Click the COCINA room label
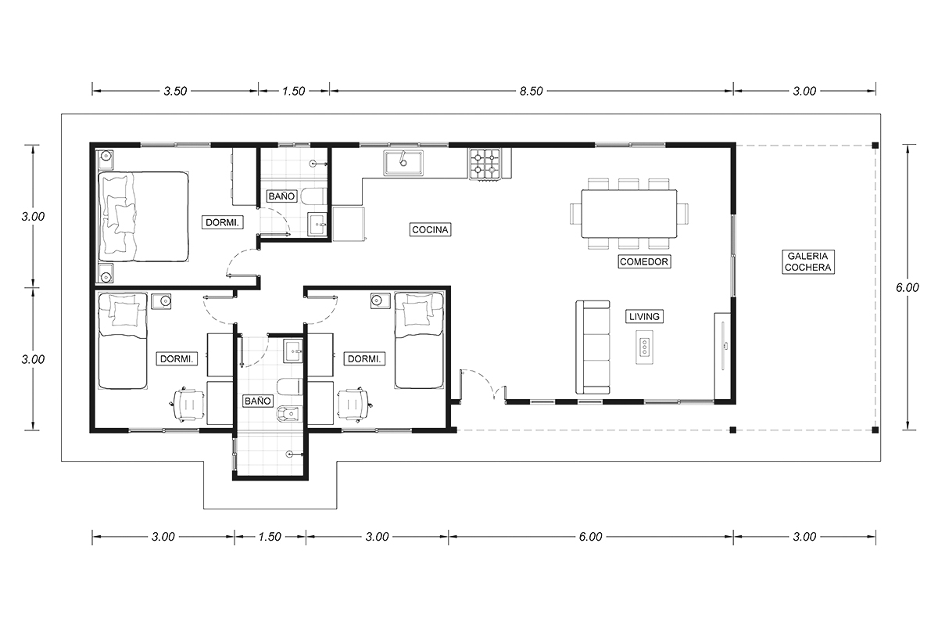[x=430, y=230]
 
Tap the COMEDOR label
[x=644, y=261]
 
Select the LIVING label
[x=644, y=317]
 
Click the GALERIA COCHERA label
[x=808, y=261]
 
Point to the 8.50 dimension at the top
[x=531, y=91]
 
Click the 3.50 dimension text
[x=175, y=91]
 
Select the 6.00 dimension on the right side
[x=907, y=288]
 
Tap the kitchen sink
[x=403, y=163]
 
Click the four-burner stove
[x=485, y=164]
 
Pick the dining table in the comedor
[x=629, y=214]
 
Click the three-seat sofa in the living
[x=593, y=347]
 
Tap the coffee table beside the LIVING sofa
[x=644, y=347]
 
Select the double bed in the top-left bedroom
[x=143, y=216]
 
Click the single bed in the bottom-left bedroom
[x=123, y=340]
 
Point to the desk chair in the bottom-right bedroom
[x=355, y=405]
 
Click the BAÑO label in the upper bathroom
[x=282, y=196]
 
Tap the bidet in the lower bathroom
[x=290, y=414]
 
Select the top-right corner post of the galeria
[x=875, y=146]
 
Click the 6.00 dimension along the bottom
[x=590, y=537]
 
